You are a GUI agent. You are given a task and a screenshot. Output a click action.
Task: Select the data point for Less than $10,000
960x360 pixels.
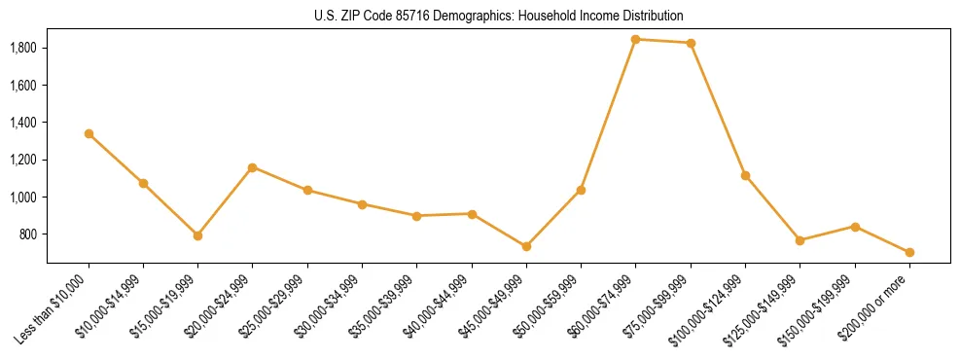click(89, 133)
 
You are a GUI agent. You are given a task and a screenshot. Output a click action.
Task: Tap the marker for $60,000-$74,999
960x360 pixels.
click(636, 39)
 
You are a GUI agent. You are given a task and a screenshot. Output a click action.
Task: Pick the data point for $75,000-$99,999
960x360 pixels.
click(691, 43)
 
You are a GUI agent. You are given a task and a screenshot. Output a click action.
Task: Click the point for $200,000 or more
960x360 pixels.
click(909, 252)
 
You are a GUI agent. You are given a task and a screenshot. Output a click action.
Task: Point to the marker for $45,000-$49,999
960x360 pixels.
click(526, 246)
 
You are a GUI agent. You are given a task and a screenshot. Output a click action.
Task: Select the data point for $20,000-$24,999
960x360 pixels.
click(253, 167)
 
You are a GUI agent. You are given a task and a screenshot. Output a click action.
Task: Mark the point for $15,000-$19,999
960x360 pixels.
click(197, 235)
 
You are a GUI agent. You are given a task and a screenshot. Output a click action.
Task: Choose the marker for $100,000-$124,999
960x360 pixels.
click(745, 175)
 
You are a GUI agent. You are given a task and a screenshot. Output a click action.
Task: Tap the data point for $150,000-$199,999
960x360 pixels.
click(855, 227)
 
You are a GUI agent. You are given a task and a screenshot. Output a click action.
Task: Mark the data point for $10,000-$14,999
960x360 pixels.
click(143, 183)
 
